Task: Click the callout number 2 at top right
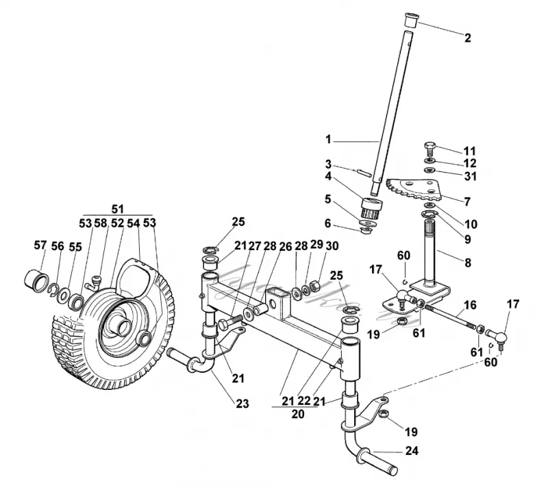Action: pyautogui.click(x=468, y=38)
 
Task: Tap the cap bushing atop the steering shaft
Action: pyautogui.click(x=411, y=20)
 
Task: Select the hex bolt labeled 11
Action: pyautogui.click(x=429, y=149)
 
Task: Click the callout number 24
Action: pyautogui.click(x=412, y=451)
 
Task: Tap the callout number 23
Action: pyautogui.click(x=242, y=404)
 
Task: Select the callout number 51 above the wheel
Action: pyautogui.click(x=117, y=209)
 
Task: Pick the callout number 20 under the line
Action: pyautogui.click(x=297, y=414)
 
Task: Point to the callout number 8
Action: pyautogui.click(x=468, y=262)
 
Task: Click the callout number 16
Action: pyautogui.click(x=470, y=305)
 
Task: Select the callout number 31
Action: pyautogui.click(x=471, y=176)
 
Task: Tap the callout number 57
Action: pyautogui.click(x=40, y=245)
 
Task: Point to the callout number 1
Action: pyautogui.click(x=328, y=140)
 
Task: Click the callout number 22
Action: pyautogui.click(x=303, y=401)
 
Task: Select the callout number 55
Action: pyautogui.click(x=75, y=247)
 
